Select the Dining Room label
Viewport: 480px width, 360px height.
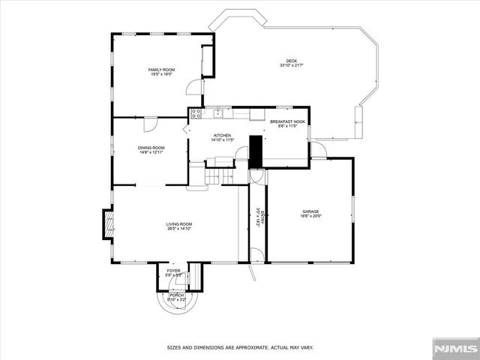click(x=151, y=148)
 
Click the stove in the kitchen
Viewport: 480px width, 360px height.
click(x=196, y=114)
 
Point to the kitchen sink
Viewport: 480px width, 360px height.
click(x=217, y=114)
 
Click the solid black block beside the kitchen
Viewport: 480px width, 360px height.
click(x=256, y=151)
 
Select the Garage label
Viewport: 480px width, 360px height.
click(x=311, y=211)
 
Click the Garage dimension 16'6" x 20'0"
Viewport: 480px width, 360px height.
click(x=311, y=217)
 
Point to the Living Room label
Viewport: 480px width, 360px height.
click(x=180, y=224)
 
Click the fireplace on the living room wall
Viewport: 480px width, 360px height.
click(x=108, y=223)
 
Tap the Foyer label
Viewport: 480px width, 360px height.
click(x=174, y=271)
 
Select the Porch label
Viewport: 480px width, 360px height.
click(x=175, y=295)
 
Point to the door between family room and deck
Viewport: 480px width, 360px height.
click(x=195, y=87)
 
